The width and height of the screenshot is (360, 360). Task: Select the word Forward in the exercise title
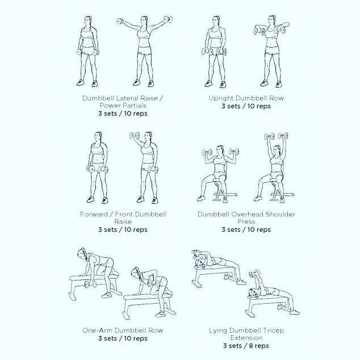tap(94, 214)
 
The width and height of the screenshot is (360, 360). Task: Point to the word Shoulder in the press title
tap(280, 214)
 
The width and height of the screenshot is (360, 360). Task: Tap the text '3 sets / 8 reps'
tap(246, 346)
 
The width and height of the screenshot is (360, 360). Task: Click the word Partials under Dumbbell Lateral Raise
tap(135, 106)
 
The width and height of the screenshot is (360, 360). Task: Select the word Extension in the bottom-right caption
tap(246, 338)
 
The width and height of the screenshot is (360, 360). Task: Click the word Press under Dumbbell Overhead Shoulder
tap(246, 221)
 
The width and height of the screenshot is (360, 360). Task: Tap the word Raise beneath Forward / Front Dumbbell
tap(123, 221)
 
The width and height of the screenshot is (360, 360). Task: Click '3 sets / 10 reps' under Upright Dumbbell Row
tap(246, 106)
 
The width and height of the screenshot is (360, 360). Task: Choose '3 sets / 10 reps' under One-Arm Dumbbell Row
tap(123, 338)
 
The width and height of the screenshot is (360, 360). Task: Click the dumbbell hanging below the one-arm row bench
tap(90, 284)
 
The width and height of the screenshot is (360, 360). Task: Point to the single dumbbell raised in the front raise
tap(134, 136)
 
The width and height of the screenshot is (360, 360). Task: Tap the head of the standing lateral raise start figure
tap(88, 20)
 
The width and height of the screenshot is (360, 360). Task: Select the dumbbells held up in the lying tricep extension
tap(254, 273)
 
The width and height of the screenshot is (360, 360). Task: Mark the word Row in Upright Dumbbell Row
tap(277, 98)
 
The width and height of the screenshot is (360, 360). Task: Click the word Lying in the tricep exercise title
tap(218, 330)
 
